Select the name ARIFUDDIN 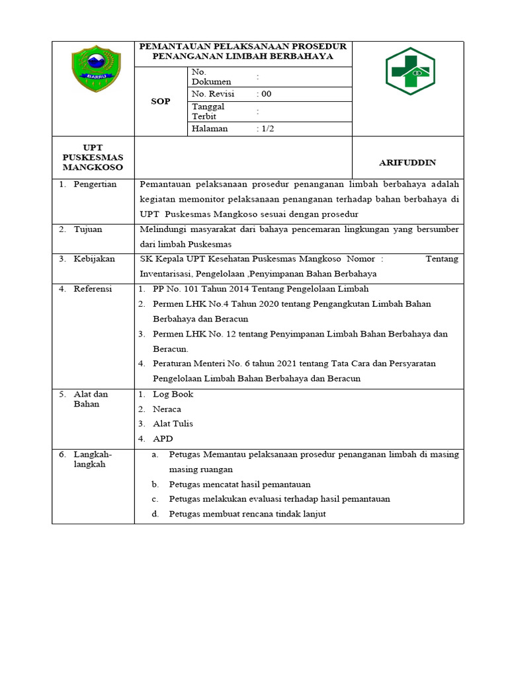407,163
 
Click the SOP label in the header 161,101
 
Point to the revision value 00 266,94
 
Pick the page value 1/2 267,129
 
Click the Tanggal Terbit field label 208,111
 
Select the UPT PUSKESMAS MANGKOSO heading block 93,158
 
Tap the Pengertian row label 95,184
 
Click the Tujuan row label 88,229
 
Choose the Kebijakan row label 94,259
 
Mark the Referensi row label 93,289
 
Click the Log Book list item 173,394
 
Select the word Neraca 167,409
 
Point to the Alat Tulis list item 173,424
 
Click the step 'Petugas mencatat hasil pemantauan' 239,485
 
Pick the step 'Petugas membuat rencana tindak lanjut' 247,514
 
